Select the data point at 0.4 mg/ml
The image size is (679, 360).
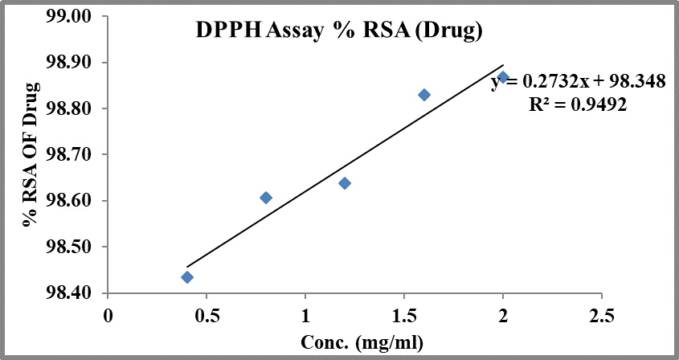[187, 277]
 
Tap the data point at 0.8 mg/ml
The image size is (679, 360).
[266, 198]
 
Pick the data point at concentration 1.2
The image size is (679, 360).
[345, 183]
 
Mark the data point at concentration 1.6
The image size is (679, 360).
[424, 95]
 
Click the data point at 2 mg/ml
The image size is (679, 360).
[503, 77]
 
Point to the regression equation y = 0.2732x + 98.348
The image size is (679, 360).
[579, 82]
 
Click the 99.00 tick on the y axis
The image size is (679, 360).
[72, 17]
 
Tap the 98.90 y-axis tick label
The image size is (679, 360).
[72, 63]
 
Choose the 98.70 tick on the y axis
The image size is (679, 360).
[72, 154]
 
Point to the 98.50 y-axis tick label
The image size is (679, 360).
[72, 247]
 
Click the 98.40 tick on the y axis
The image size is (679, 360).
[72, 293]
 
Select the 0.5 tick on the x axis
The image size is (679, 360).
[207, 313]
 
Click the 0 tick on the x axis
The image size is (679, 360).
[108, 313]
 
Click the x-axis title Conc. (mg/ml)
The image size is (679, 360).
[362, 341]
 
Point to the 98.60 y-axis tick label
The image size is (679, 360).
[72, 201]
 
